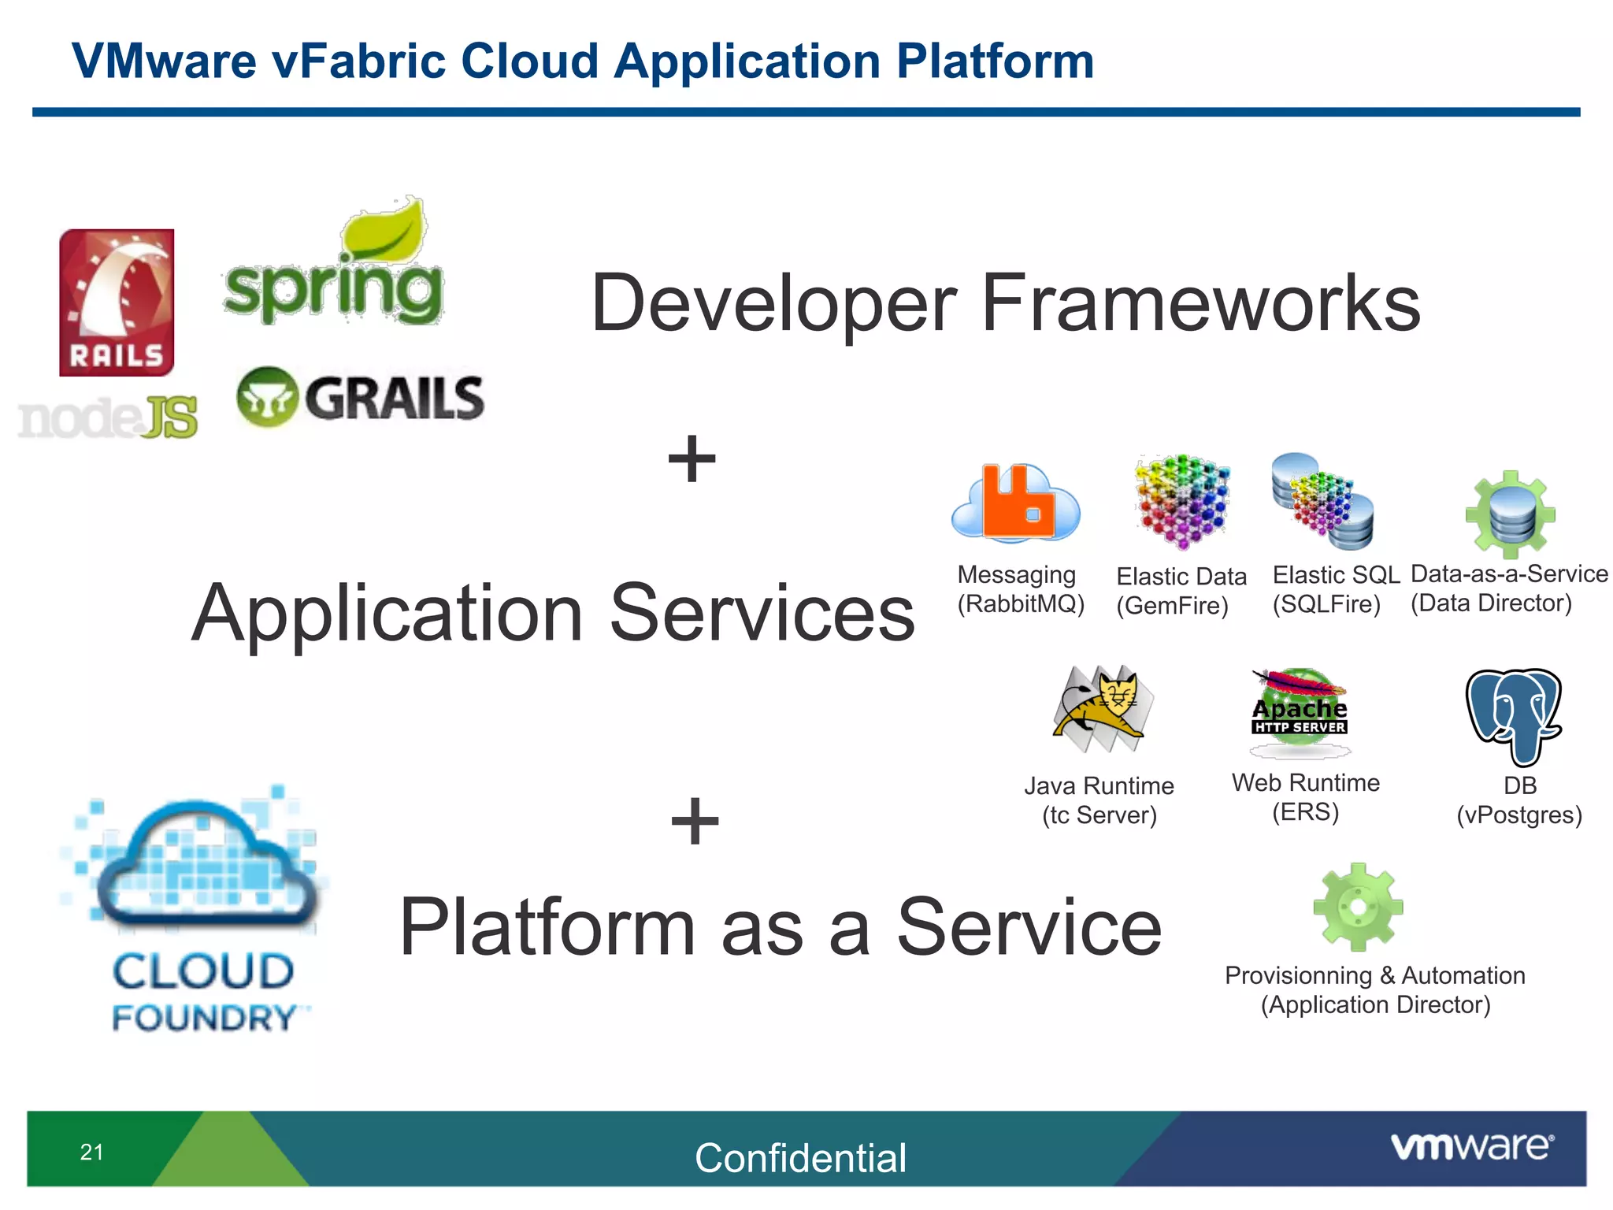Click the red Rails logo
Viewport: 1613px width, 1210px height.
tap(117, 302)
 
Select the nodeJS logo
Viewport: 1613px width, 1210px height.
tap(108, 418)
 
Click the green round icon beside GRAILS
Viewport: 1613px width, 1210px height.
tap(267, 397)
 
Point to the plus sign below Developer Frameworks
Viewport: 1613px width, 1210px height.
tap(692, 458)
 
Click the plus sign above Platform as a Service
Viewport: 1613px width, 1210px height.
tap(695, 820)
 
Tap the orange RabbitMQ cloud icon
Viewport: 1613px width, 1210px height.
tap(1016, 504)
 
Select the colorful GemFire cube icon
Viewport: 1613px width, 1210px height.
tap(1181, 501)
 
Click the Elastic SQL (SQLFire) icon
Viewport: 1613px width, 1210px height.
tap(1323, 501)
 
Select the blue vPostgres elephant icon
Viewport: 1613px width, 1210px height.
tap(1514, 715)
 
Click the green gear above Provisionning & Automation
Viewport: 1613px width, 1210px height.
tap(1358, 907)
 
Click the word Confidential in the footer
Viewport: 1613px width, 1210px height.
tap(800, 1157)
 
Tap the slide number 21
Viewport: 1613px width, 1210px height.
tap(91, 1152)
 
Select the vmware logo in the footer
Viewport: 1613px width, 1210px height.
tap(1471, 1146)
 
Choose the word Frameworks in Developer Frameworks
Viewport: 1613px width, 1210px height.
tap(1200, 303)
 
